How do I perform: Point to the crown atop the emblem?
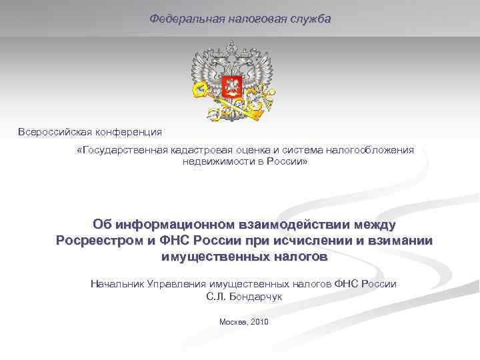pyautogui.click(x=232, y=48)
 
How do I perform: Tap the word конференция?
pyautogui.click(x=131, y=132)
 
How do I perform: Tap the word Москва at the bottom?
pyautogui.click(x=233, y=322)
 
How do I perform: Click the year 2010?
pyautogui.click(x=259, y=322)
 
